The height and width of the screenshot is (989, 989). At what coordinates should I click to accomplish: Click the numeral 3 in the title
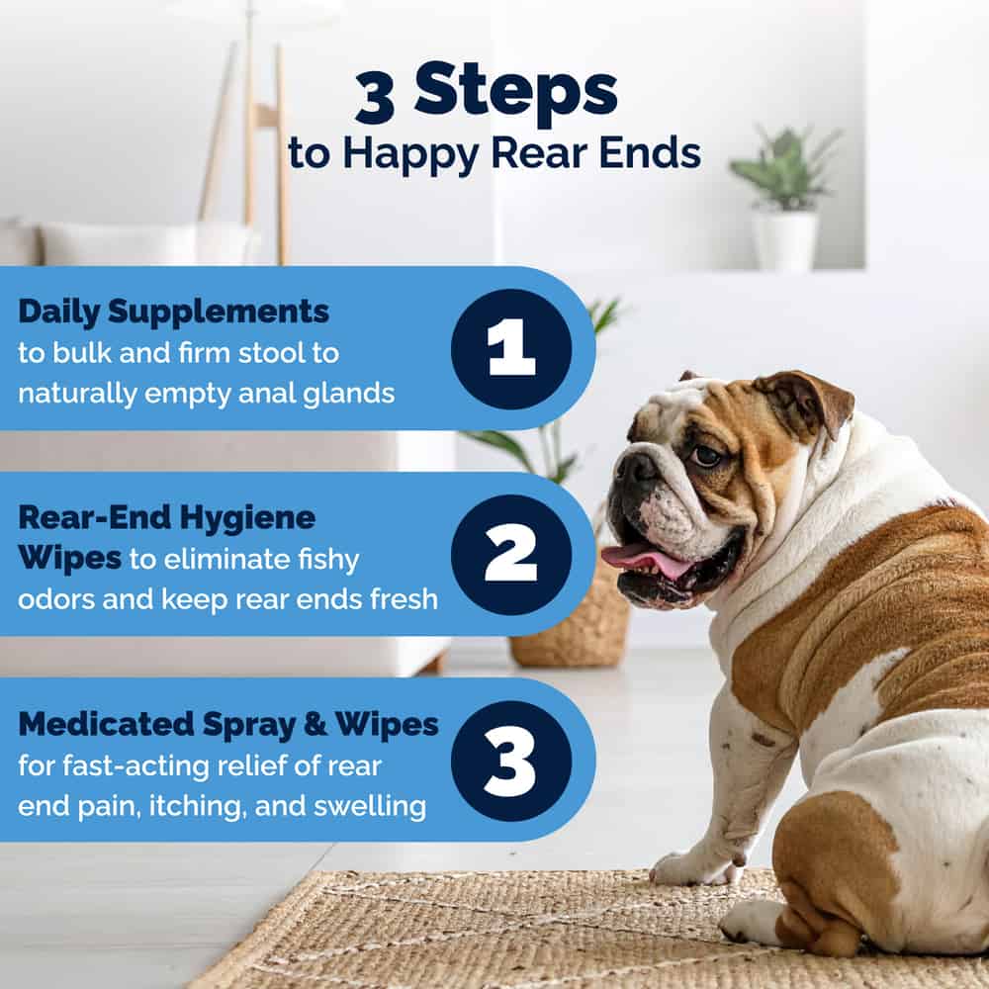click(375, 97)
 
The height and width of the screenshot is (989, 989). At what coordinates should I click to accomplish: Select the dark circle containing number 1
click(511, 349)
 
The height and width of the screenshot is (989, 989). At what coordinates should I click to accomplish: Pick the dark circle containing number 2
click(511, 555)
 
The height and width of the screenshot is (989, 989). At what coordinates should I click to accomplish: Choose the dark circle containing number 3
click(511, 761)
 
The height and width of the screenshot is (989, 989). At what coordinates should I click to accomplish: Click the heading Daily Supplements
click(173, 313)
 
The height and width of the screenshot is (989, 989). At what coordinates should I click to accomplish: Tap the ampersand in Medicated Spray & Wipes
click(315, 724)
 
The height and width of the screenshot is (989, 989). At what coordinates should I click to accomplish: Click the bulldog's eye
click(706, 455)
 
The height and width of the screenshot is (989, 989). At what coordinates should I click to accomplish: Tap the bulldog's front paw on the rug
click(694, 869)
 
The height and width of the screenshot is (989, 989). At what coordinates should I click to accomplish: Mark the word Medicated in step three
click(107, 724)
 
